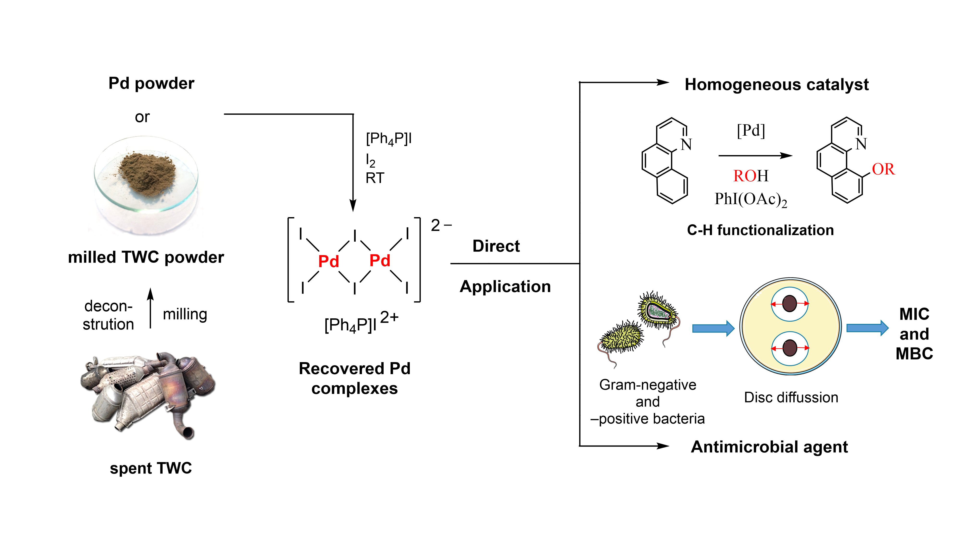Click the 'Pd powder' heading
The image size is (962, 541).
pyautogui.click(x=151, y=83)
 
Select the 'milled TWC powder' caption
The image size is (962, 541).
pyautogui.click(x=146, y=257)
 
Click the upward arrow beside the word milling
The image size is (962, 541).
pyautogui.click(x=151, y=308)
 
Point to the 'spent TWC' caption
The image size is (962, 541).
pyautogui.click(x=151, y=468)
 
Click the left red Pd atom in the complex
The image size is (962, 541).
pyautogui.click(x=328, y=261)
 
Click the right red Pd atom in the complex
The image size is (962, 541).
pyautogui.click(x=380, y=260)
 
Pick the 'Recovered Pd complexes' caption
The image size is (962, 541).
pyautogui.click(x=354, y=378)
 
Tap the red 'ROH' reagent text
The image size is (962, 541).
pyautogui.click(x=751, y=176)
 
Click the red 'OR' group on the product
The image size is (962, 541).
pyautogui.click(x=883, y=169)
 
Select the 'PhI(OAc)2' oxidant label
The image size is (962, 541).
pyautogui.click(x=751, y=199)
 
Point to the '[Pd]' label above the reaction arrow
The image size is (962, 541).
pyautogui.click(x=751, y=130)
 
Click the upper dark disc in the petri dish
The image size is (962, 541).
pyautogui.click(x=790, y=303)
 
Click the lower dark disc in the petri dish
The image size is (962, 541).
pyautogui.click(x=790, y=348)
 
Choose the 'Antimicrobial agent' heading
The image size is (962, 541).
pyautogui.click(x=769, y=447)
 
